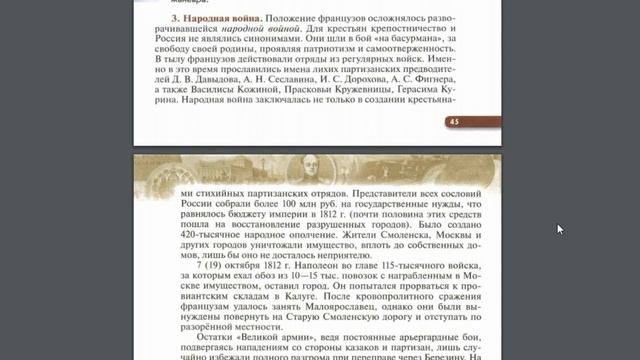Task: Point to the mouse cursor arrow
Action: click(560, 228)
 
